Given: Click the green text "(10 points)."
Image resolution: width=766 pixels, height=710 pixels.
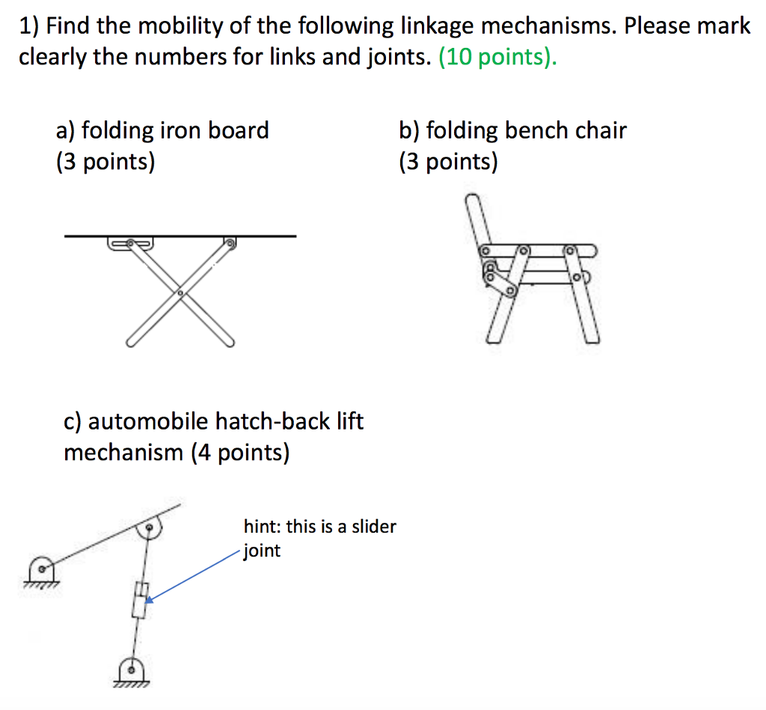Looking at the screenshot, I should click(x=497, y=57).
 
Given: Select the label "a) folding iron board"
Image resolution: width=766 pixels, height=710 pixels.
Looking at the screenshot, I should click(x=162, y=131).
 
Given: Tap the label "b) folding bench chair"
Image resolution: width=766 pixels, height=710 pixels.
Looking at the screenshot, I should click(x=512, y=131).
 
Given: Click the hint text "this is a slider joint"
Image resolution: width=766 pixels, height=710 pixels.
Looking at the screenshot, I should click(x=319, y=538).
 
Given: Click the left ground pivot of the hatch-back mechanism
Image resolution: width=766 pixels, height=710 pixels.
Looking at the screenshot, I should click(x=41, y=569).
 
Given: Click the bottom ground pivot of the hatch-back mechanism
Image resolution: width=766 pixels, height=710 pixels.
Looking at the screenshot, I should click(x=132, y=670).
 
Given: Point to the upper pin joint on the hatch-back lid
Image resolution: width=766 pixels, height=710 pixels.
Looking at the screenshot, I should click(x=150, y=529).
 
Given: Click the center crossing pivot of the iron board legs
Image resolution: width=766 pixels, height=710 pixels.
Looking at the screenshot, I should click(x=180, y=293).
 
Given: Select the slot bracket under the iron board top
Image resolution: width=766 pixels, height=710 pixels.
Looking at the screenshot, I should click(x=131, y=243).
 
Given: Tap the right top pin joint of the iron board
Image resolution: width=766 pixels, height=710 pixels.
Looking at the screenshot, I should click(x=230, y=243).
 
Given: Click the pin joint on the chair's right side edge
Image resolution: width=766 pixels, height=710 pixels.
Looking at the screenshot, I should click(x=577, y=278).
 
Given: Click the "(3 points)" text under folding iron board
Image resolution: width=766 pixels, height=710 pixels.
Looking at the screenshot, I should click(x=105, y=162).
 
